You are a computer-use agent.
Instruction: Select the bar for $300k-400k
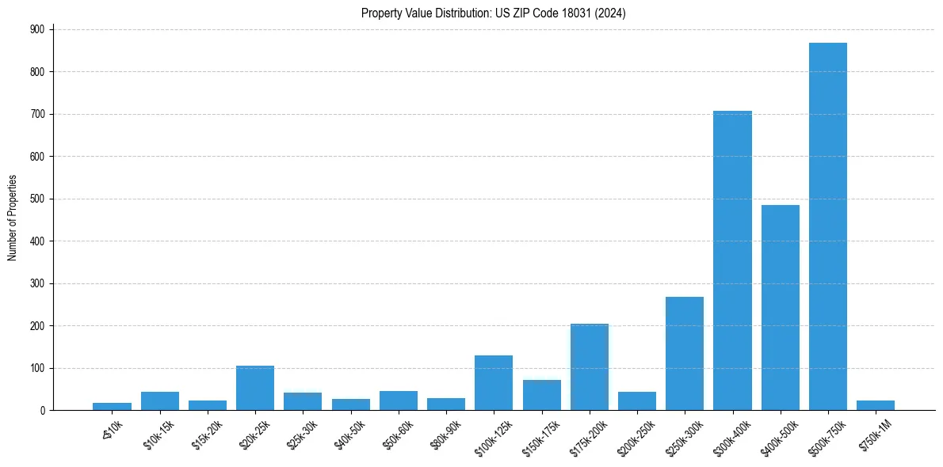(x=732, y=260)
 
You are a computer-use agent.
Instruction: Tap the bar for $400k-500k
(x=780, y=308)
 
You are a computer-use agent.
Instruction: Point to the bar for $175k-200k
(x=589, y=367)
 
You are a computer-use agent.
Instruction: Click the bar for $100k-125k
(x=494, y=383)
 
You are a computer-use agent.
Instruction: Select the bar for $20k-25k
(x=255, y=388)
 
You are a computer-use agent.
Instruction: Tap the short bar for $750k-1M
(x=875, y=405)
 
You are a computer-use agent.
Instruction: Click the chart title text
(x=494, y=13)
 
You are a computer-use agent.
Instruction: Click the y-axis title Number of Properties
(x=13, y=218)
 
